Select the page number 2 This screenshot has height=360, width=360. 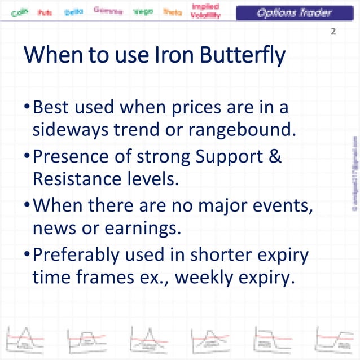pyautogui.click(x=333, y=32)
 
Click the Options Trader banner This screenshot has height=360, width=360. pyautogui.click(x=294, y=12)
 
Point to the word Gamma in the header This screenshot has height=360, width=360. pyautogui.click(x=106, y=10)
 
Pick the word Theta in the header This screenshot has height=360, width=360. pyautogui.click(x=172, y=11)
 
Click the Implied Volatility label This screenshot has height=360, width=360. pyautogui.click(x=206, y=11)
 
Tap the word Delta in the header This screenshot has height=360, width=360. pyautogui.click(x=73, y=11)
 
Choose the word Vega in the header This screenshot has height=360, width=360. pyautogui.click(x=143, y=11)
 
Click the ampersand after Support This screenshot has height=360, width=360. pyautogui.click(x=275, y=155)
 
